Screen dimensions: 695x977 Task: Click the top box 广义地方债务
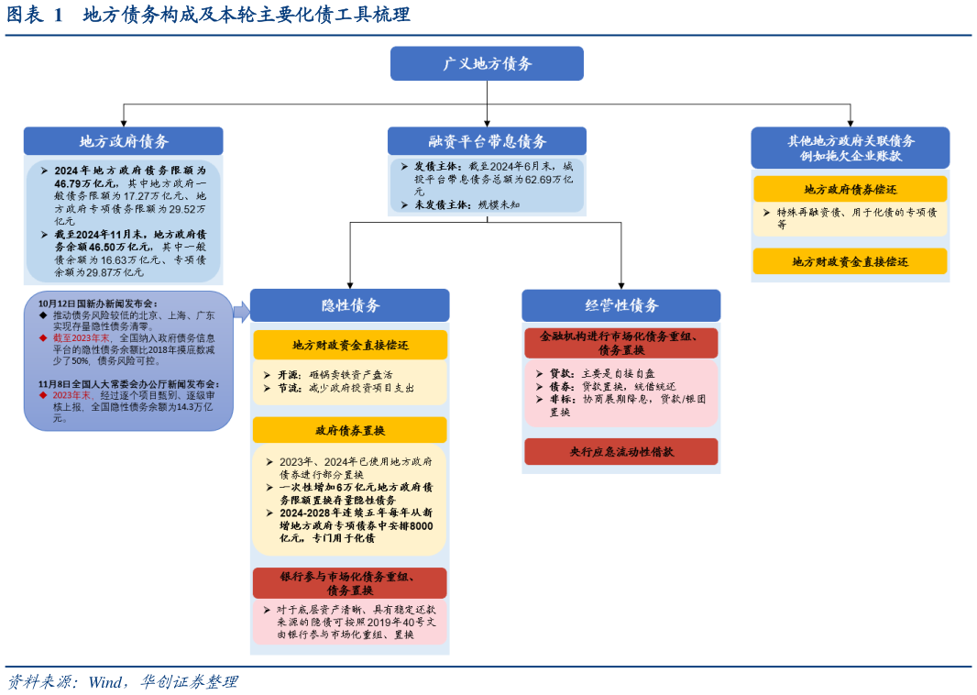coord(487,64)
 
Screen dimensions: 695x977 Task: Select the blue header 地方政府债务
coord(124,141)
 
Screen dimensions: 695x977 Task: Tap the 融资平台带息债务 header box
coord(487,141)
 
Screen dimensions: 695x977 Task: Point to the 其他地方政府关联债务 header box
coord(850,148)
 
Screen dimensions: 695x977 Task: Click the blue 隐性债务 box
coord(350,305)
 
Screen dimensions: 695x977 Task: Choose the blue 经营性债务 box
coord(621,305)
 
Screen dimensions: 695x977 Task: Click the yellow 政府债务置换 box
coord(350,430)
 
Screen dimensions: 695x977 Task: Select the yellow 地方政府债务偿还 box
coord(850,190)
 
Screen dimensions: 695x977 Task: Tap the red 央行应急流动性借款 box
coord(621,452)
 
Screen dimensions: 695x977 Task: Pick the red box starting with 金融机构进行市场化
coord(621,343)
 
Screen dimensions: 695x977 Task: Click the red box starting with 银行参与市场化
coord(350,583)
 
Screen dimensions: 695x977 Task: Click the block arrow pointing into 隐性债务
coord(242,312)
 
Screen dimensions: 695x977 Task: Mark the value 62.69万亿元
coord(547,180)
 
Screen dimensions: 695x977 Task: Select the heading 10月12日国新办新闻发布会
coord(98,303)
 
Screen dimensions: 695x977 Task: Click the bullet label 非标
coord(562,400)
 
